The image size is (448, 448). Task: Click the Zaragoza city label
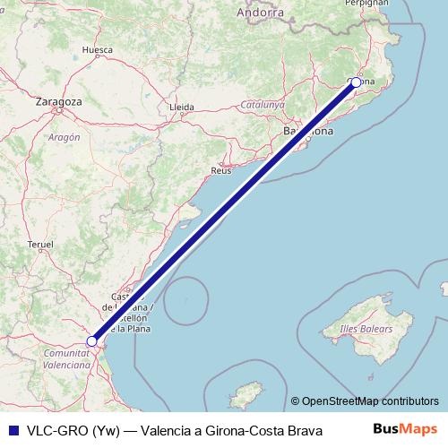[59, 102]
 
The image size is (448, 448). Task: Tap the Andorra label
[261, 13]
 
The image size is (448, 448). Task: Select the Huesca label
[96, 50]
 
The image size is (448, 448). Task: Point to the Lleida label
[181, 108]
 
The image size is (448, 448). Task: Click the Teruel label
[42, 244]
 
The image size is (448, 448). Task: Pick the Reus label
[220, 169]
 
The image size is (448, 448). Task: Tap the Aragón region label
[64, 137]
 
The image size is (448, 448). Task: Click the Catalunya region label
[263, 105]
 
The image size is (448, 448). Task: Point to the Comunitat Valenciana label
[66, 360]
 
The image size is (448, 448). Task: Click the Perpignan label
[371, 3]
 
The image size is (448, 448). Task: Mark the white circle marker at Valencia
[91, 341]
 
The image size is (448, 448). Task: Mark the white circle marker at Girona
[356, 82]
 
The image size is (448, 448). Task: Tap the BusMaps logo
[411, 428]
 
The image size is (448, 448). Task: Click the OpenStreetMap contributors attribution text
[370, 401]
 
